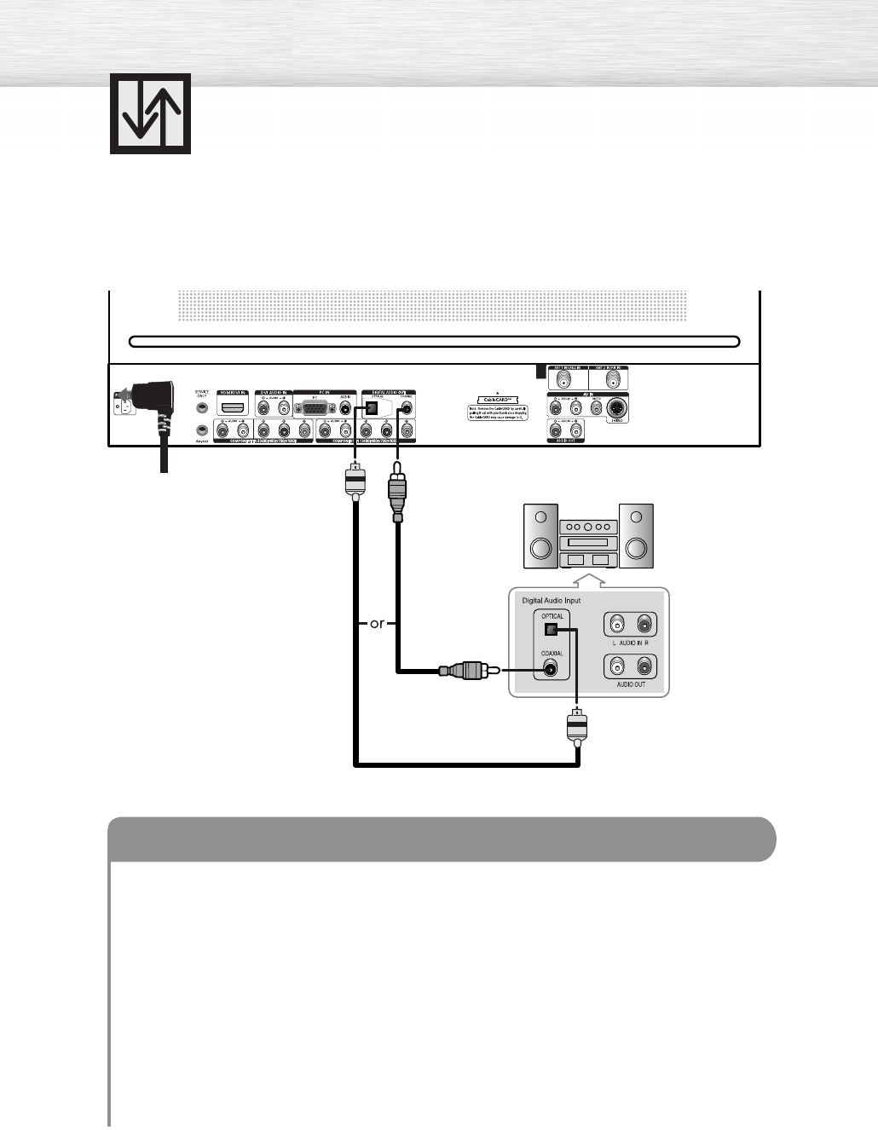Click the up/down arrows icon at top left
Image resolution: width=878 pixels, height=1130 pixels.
click(150, 113)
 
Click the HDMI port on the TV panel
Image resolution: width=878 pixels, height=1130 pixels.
click(233, 408)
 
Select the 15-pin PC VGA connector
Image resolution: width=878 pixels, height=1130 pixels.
click(315, 409)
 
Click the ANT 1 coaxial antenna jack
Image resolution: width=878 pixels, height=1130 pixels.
click(563, 378)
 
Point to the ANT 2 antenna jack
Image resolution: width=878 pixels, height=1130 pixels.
click(608, 378)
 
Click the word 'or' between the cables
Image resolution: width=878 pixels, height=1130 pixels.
click(378, 624)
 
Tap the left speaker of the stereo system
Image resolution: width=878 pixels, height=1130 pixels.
click(540, 536)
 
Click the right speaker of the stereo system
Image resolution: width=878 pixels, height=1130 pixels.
click(636, 536)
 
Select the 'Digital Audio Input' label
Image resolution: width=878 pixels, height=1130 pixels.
click(551, 601)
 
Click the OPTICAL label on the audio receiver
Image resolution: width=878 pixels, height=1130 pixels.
click(552, 616)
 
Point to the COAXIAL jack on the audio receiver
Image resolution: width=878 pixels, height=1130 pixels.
click(552, 669)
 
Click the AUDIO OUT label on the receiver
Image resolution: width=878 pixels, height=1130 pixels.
click(631, 684)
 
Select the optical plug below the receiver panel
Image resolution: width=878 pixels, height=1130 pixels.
click(577, 727)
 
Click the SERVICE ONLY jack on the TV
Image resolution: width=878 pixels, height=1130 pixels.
click(202, 408)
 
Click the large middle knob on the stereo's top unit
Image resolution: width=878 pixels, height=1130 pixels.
click(588, 528)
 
